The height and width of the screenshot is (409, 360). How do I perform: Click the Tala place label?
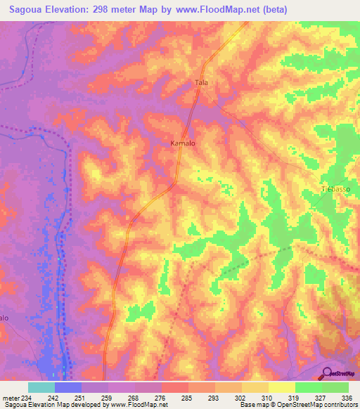(x=202, y=82)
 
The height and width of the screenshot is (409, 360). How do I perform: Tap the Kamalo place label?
(x=183, y=143)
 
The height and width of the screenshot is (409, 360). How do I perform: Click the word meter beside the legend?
(x=8, y=398)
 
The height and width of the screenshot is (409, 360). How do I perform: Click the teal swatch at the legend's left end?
(x=41, y=387)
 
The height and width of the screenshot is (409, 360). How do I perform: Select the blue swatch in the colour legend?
(x=68, y=387)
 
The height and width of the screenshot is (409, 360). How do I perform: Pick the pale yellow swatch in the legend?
(x=282, y=387)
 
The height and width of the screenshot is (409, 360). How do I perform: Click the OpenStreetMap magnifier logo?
(x=327, y=373)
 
